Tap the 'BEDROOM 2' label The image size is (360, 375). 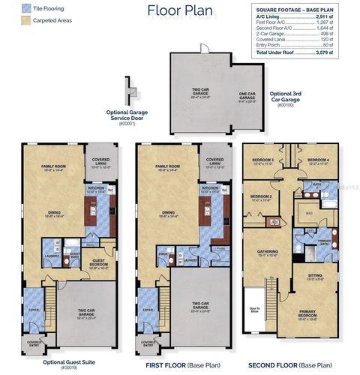(x=259, y=197)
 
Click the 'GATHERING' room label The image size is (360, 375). (x=268, y=253)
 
